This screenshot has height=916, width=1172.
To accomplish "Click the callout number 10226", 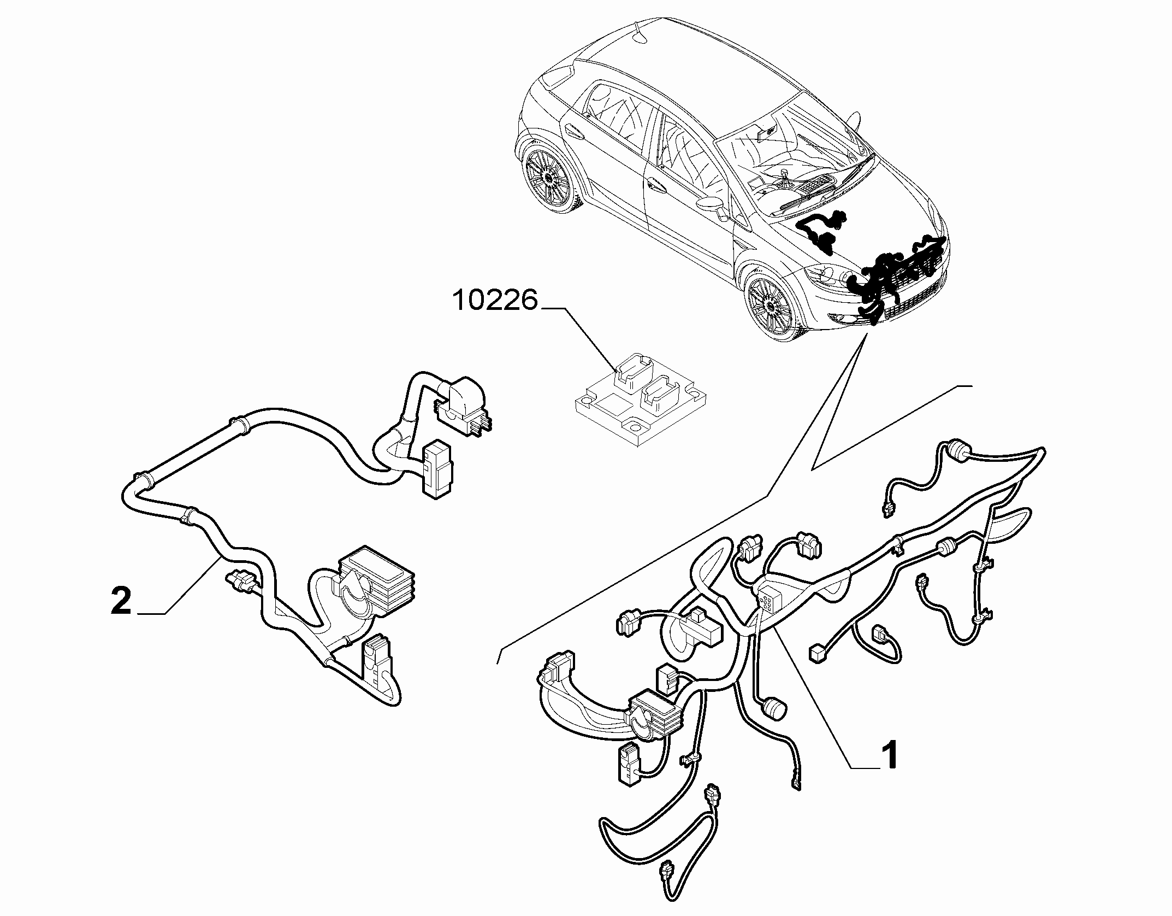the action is pyautogui.click(x=496, y=301).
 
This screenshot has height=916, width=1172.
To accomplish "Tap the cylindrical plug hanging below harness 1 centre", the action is pyautogui.click(x=775, y=708).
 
